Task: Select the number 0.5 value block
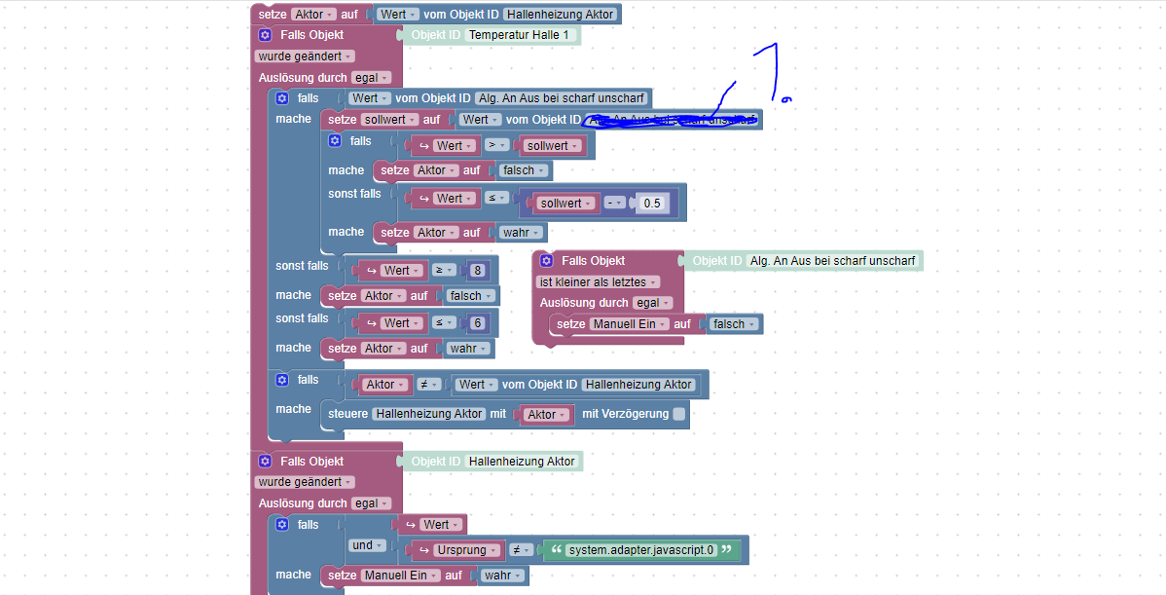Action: point(652,204)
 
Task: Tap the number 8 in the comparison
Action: point(477,271)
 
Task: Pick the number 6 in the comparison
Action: point(477,323)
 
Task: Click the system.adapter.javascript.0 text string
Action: point(640,550)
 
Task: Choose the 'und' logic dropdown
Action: point(366,545)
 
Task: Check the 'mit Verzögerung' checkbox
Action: point(679,414)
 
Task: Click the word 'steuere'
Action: point(347,414)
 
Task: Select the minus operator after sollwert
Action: point(614,204)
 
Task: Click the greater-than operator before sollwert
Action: point(496,145)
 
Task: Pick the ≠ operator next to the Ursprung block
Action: point(520,550)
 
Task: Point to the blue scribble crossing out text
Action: point(672,119)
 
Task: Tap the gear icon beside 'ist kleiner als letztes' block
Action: point(546,261)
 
